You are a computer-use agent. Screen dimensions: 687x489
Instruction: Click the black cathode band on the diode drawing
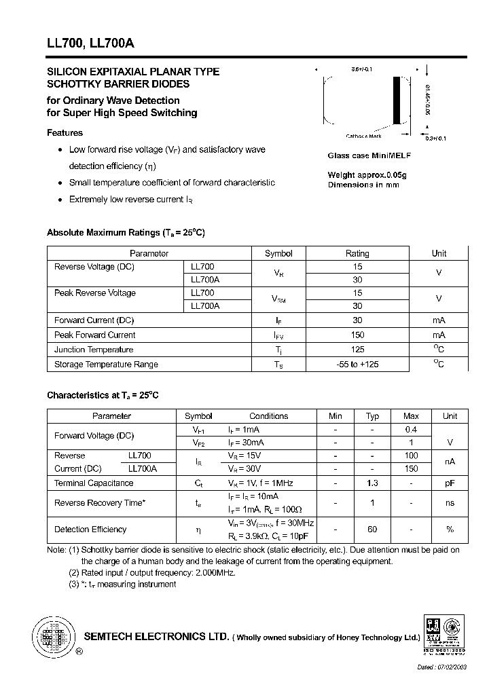click(397, 100)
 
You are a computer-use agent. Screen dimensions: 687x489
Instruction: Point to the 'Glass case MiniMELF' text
click(369, 155)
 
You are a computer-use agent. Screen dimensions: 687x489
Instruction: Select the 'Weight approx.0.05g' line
click(367, 175)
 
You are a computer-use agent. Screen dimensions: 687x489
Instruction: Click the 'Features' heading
click(65, 133)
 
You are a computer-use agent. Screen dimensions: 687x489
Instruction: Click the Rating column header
click(357, 253)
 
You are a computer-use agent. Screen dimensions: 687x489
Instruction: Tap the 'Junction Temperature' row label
click(94, 350)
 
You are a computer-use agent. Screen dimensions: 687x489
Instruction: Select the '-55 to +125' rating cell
click(357, 365)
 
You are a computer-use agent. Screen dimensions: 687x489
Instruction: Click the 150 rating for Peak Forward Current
click(357, 335)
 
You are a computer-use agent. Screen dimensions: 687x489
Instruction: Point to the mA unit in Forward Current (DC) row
click(439, 320)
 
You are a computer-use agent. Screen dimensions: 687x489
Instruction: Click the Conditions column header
click(269, 416)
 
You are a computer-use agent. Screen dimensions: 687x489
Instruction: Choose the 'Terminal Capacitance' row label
click(94, 483)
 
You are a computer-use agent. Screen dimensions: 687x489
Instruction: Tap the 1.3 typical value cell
click(372, 483)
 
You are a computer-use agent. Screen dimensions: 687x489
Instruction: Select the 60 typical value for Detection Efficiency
click(372, 530)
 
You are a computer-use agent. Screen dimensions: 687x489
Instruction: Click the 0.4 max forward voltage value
click(411, 430)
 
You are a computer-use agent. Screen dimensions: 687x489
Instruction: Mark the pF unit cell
click(450, 483)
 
